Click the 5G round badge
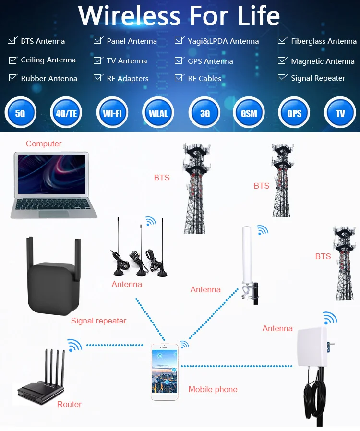pos(20,113)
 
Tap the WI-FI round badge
pos(112,113)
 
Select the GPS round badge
pos(294,113)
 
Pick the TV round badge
pos(340,113)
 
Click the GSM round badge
pos(249,113)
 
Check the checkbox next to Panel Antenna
pos(98,41)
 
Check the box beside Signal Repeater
pos(282,78)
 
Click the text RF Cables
pos(204,78)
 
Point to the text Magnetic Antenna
pos(323,61)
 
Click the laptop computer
pos(53,185)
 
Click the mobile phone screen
pos(165,371)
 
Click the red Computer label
pos(44,144)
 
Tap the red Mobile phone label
pos(213,389)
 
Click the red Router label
pos(69,404)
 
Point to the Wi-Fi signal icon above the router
pos(74,345)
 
